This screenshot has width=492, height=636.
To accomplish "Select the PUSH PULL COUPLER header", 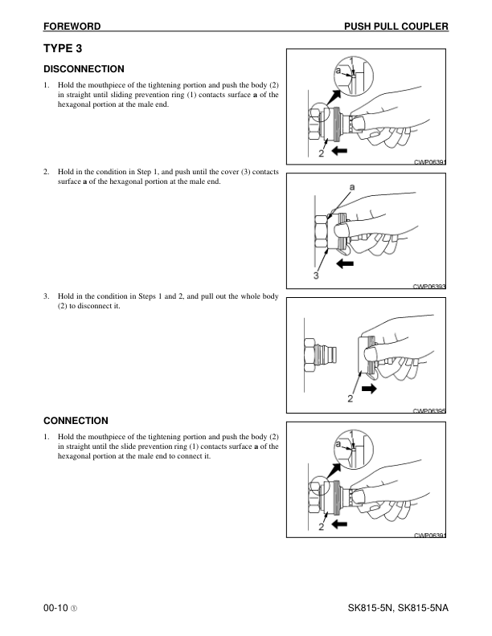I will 396,26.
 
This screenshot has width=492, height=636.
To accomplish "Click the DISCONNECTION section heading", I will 84,69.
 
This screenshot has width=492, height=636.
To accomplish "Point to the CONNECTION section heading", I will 76,421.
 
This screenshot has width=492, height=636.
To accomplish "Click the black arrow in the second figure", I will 345,262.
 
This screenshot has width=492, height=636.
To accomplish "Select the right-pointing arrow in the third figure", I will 370,389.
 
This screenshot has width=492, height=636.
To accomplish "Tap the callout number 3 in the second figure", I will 316,276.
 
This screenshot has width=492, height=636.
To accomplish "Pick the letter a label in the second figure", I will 351,186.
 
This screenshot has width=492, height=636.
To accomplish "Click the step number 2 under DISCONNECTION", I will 46,172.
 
